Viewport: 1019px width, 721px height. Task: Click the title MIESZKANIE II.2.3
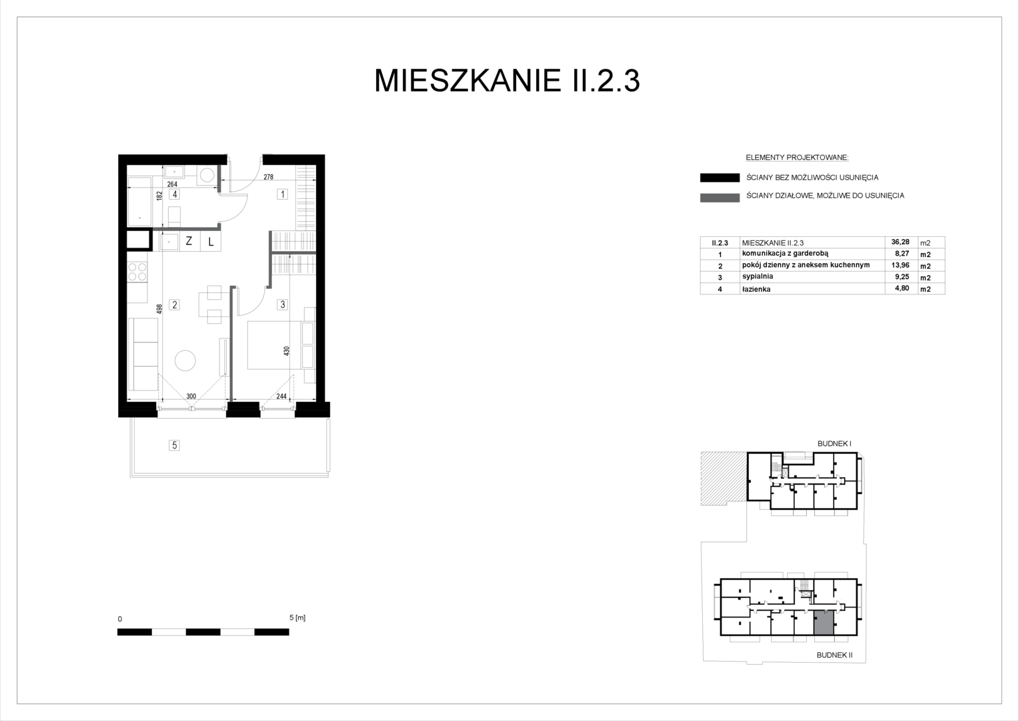(507, 81)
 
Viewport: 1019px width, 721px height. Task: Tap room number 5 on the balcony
(174, 445)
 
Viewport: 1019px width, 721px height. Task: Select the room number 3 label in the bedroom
(283, 304)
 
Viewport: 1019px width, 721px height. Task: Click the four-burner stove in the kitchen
(137, 272)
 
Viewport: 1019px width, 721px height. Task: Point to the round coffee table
(185, 360)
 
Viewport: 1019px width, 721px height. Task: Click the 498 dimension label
(159, 309)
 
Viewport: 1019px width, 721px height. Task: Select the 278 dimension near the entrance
(268, 177)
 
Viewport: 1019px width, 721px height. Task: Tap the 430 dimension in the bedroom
(286, 350)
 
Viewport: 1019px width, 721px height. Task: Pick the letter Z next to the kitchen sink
(189, 241)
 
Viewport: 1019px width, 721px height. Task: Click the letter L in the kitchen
(211, 242)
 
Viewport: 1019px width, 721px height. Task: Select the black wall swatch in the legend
(720, 178)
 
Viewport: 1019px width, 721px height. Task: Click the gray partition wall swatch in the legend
(720, 198)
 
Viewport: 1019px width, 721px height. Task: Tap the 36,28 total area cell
(900, 242)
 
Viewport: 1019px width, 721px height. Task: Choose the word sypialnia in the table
(758, 276)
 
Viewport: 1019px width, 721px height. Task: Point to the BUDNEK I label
(834, 443)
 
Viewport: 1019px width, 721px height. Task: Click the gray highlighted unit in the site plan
(824, 623)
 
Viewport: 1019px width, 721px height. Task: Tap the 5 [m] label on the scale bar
(297, 618)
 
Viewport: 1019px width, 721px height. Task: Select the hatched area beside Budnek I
(724, 478)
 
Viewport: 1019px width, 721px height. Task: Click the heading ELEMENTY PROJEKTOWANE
(797, 158)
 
